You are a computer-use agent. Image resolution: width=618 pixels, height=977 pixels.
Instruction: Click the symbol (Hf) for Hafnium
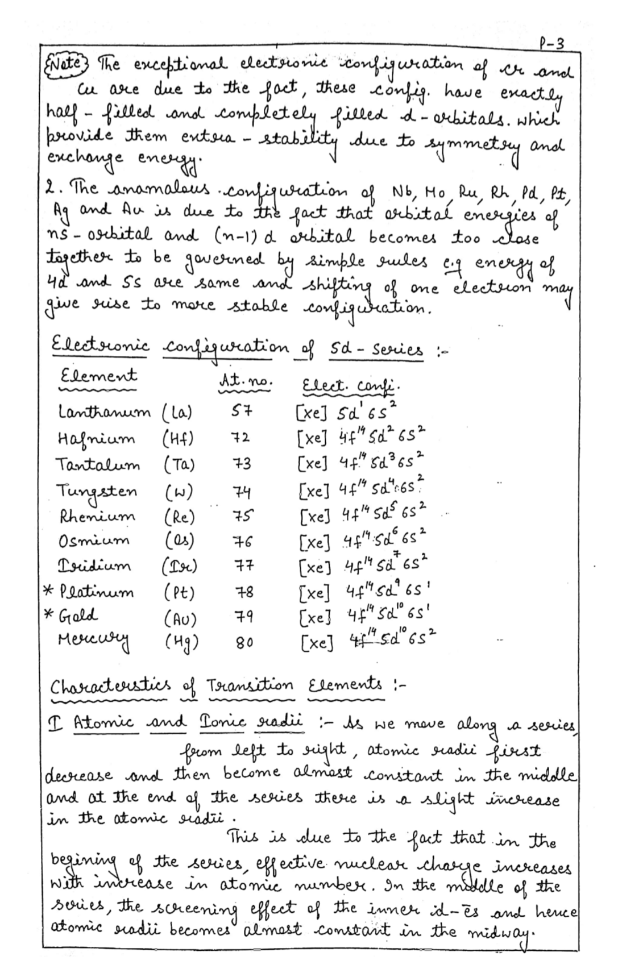coord(178,438)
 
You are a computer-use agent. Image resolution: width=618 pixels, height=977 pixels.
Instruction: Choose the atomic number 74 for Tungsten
coord(242,492)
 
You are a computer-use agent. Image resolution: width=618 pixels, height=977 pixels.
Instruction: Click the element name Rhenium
coord(98,516)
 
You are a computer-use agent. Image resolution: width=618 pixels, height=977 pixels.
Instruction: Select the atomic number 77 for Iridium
coord(243,567)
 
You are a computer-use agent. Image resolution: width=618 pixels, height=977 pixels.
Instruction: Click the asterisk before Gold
coord(49,616)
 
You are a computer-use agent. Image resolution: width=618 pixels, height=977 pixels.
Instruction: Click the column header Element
coord(98,376)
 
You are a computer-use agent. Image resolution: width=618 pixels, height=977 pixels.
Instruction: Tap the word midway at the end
coord(503,933)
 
